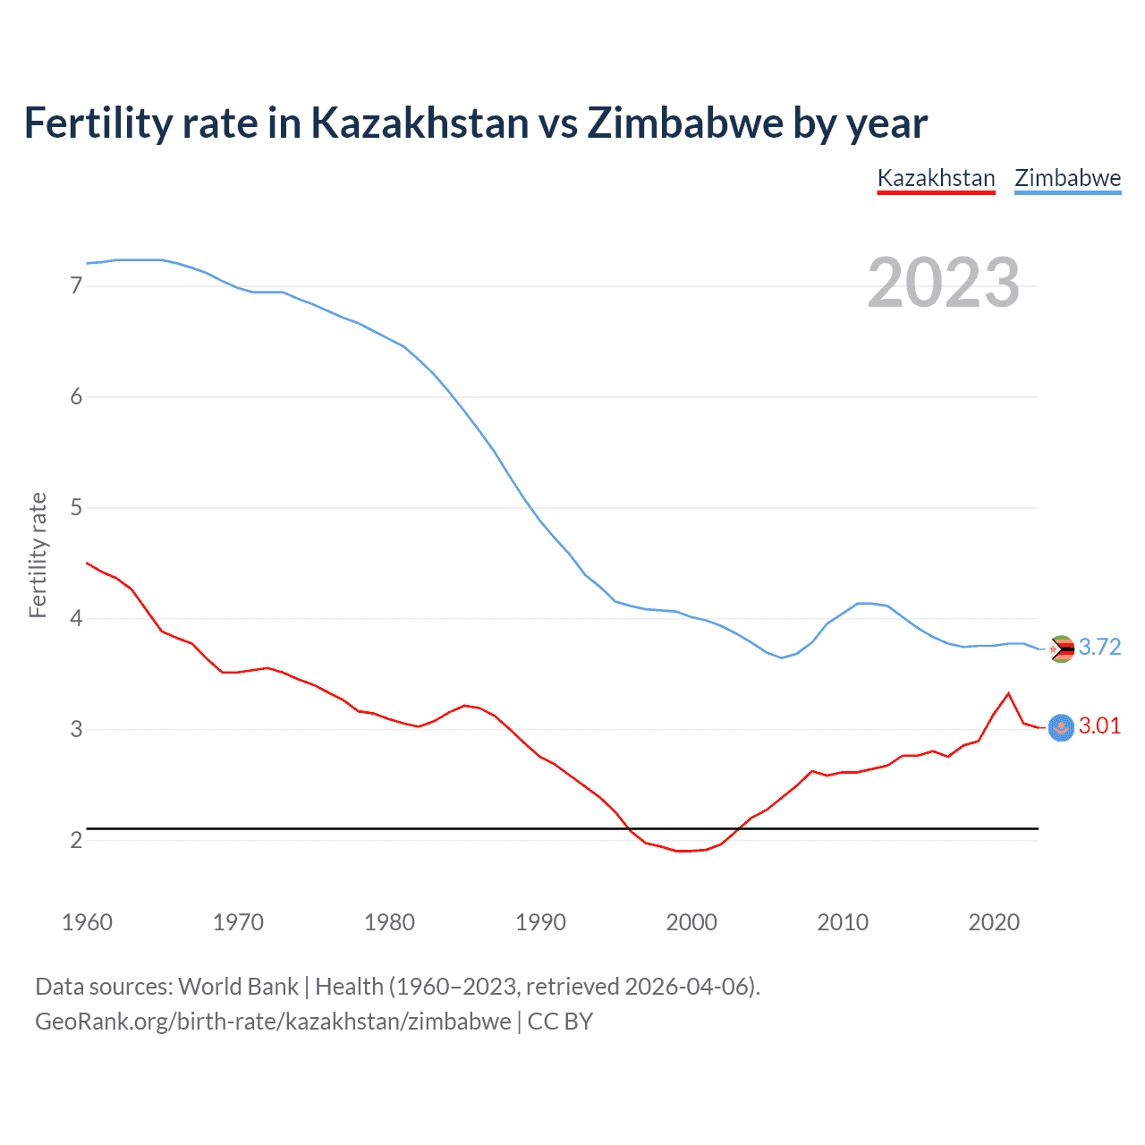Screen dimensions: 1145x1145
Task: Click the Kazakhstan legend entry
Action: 936,178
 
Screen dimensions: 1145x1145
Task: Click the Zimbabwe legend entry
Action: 1067,178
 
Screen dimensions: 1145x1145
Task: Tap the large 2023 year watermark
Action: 943,283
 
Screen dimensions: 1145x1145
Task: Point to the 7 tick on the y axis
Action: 76,286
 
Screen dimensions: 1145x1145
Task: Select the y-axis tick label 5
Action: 76,508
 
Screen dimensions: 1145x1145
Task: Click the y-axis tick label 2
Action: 76,841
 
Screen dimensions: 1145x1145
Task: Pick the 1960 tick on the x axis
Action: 87,922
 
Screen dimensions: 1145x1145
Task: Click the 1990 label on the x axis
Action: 540,922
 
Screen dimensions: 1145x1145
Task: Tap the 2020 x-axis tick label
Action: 994,922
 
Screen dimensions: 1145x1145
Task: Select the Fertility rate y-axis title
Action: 38,555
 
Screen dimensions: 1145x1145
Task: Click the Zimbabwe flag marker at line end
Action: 1061,649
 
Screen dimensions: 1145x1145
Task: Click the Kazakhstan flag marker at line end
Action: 1061,728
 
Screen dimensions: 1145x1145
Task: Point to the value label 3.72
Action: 1099,647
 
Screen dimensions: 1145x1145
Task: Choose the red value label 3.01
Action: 1099,725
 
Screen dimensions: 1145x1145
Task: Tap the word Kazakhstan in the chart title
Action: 420,123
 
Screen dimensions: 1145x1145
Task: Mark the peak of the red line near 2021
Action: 1008,693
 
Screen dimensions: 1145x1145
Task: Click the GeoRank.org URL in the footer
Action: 273,1022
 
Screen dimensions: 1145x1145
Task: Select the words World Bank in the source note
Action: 238,987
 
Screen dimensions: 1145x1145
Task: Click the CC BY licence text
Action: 560,1022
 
